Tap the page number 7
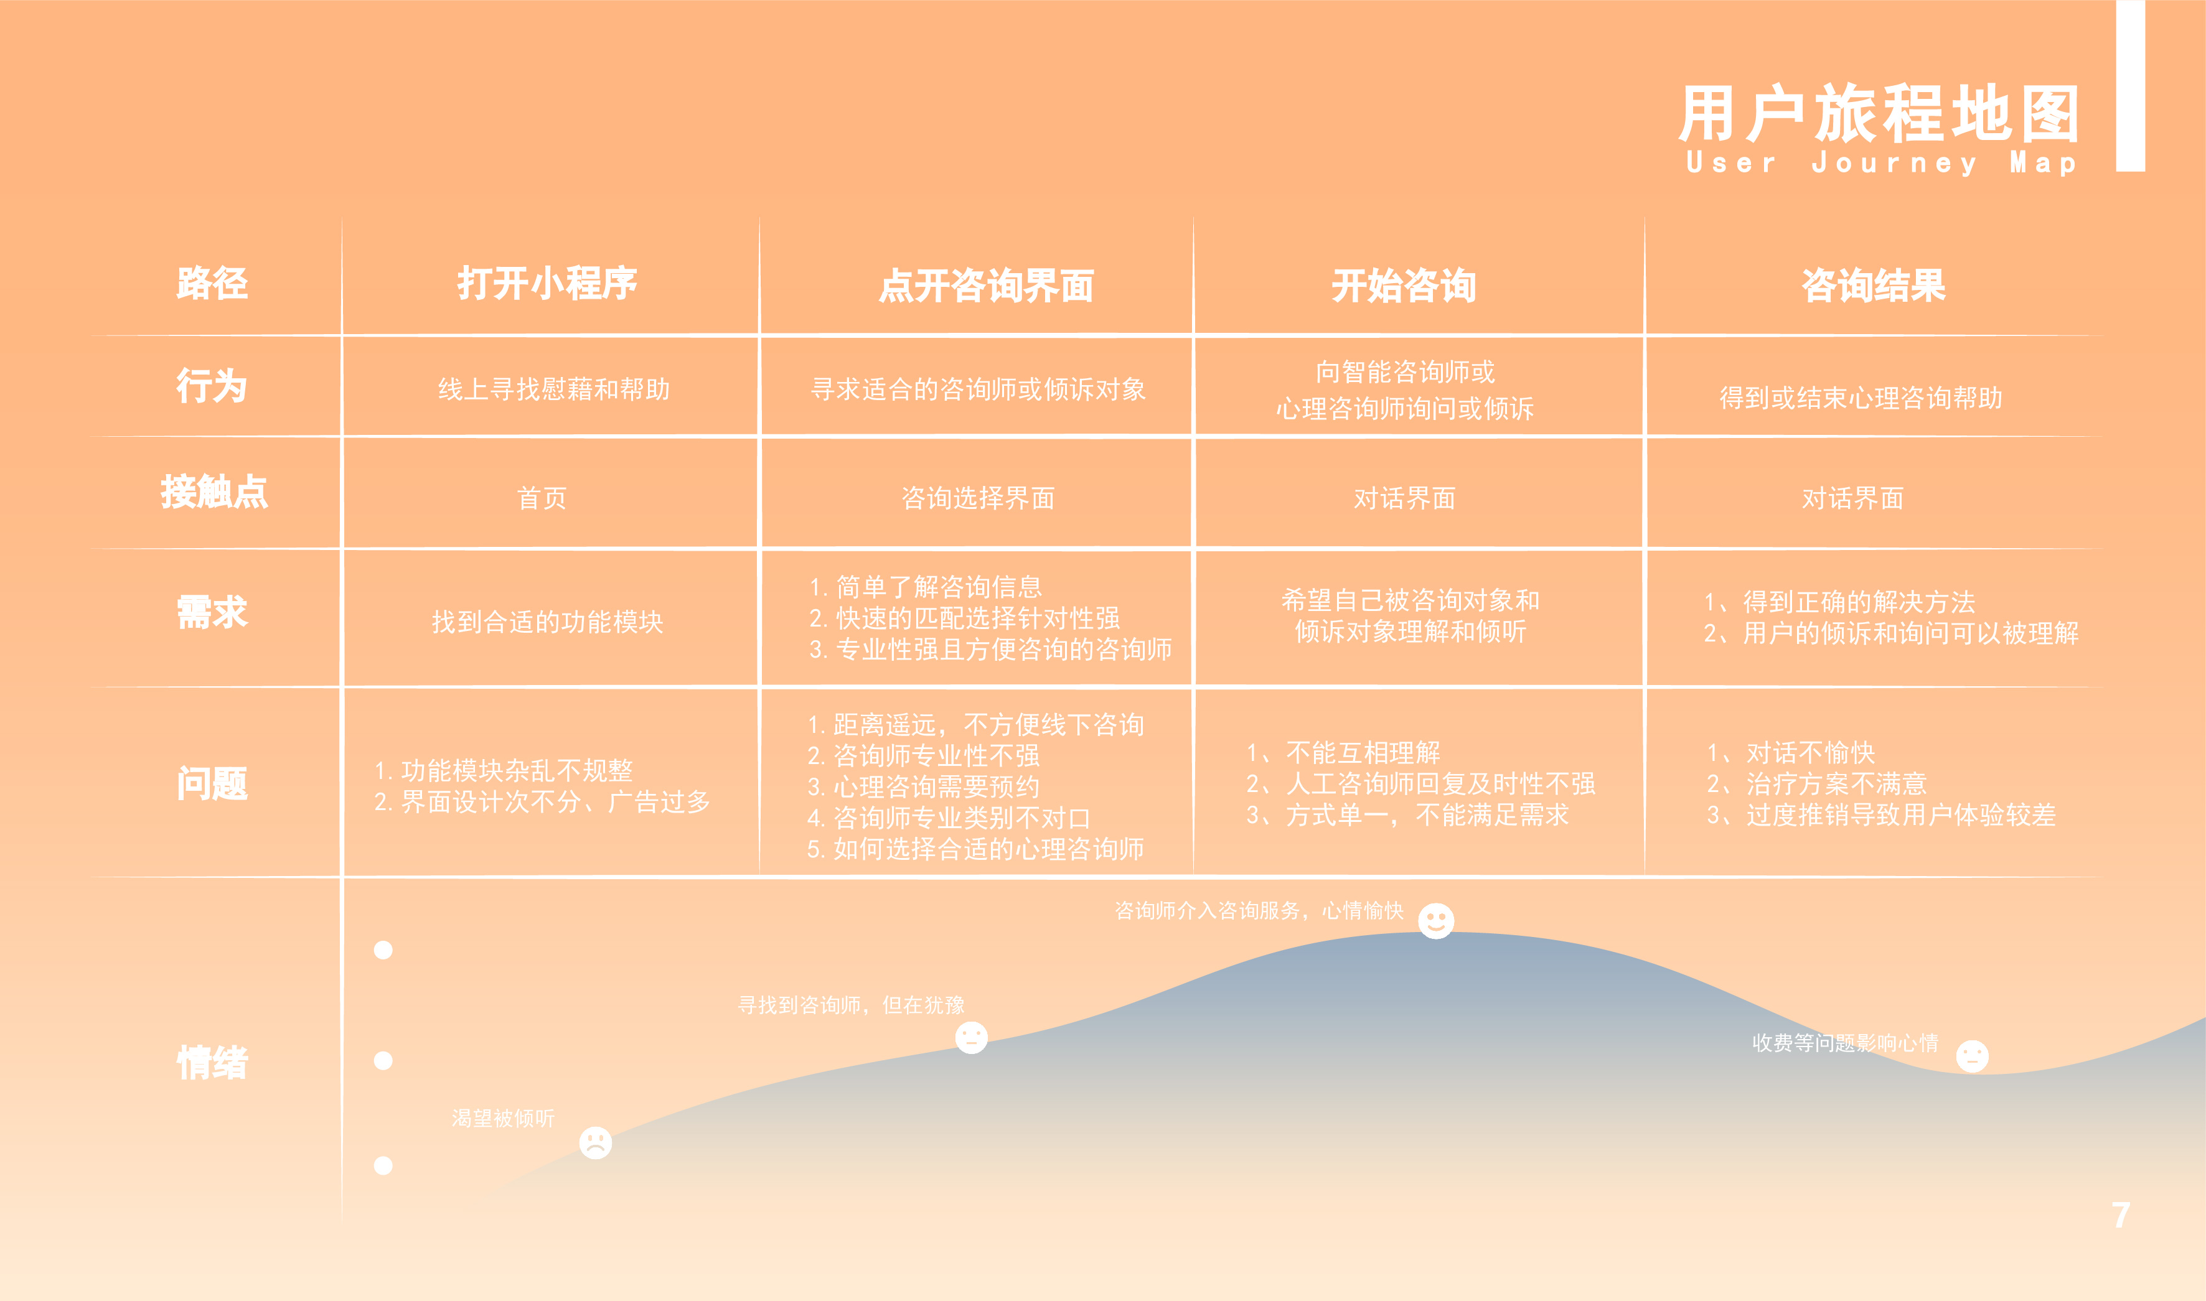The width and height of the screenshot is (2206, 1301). [2120, 1215]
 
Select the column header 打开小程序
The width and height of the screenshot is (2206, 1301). [547, 283]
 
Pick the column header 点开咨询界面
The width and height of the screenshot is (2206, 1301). [987, 286]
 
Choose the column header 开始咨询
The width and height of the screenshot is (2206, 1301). [1404, 286]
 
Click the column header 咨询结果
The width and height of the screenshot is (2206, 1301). [1873, 286]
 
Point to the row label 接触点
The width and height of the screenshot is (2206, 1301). [214, 492]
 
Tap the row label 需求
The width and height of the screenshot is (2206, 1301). [212, 612]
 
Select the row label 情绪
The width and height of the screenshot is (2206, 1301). [212, 1063]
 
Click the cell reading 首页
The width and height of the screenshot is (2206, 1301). [542, 498]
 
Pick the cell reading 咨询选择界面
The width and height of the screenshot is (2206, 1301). [978, 498]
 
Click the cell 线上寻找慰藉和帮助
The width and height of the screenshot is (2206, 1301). [553, 388]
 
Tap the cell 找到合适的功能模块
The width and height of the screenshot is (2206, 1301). [547, 622]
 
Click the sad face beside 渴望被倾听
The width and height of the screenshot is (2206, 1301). [595, 1142]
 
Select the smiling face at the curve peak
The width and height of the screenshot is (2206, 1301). [1436, 920]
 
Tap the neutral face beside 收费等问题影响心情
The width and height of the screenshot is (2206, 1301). [1972, 1055]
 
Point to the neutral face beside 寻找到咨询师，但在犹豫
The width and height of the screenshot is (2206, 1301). [970, 1038]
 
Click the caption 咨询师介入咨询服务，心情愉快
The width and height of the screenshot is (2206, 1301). [1258, 911]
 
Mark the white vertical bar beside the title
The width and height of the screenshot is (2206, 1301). [2131, 85]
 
